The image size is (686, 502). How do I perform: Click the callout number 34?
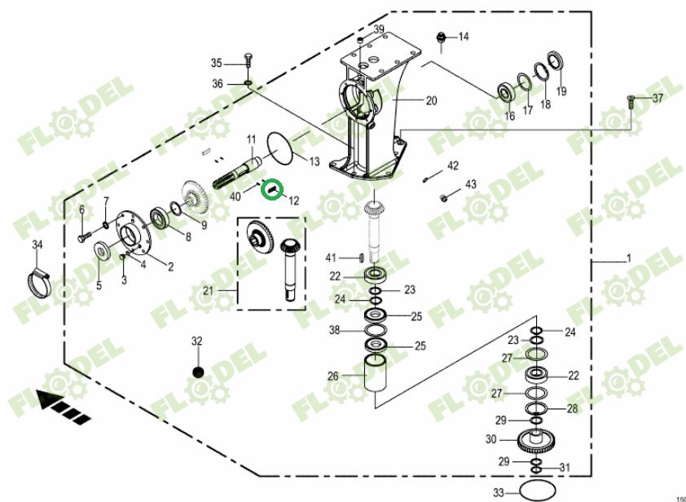(x=37, y=244)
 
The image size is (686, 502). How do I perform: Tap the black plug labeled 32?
(x=196, y=372)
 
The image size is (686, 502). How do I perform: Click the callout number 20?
(x=432, y=101)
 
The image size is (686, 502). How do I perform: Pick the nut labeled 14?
(x=441, y=37)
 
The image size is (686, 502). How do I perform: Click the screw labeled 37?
(x=631, y=100)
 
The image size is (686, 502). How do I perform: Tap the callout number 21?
(x=209, y=290)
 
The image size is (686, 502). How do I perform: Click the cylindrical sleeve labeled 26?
(x=376, y=377)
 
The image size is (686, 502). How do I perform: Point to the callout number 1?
(x=628, y=259)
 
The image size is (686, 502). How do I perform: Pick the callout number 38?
(x=335, y=331)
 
